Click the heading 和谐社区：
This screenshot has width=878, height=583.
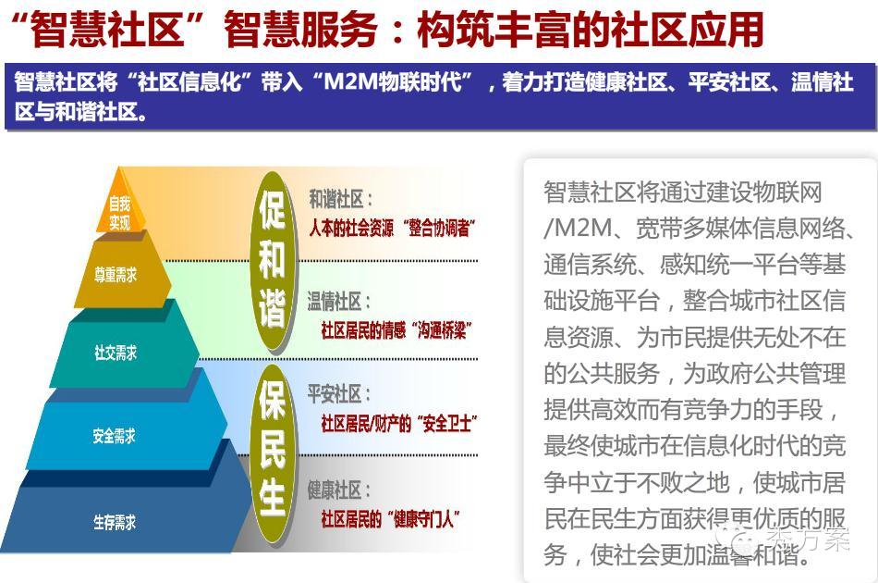[x=340, y=199]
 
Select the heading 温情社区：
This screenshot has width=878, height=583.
[x=339, y=303]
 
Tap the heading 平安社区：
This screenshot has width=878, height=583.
[x=339, y=394]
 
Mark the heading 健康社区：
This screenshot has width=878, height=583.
[x=339, y=490]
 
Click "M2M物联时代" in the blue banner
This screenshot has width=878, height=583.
[x=392, y=82]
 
